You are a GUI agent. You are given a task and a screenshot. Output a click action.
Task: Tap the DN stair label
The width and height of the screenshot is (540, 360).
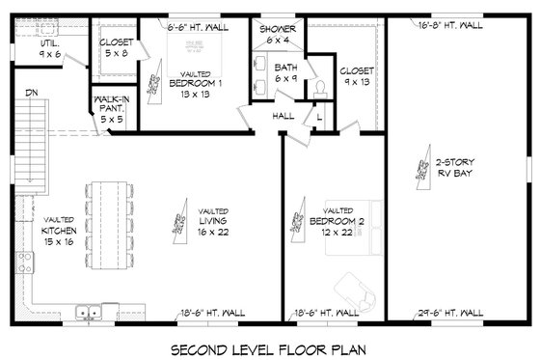click(x=31, y=94)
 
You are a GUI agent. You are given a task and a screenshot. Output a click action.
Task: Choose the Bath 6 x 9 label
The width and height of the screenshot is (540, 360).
click(x=286, y=73)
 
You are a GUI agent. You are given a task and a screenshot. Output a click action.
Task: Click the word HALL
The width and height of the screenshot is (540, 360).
click(x=283, y=116)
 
